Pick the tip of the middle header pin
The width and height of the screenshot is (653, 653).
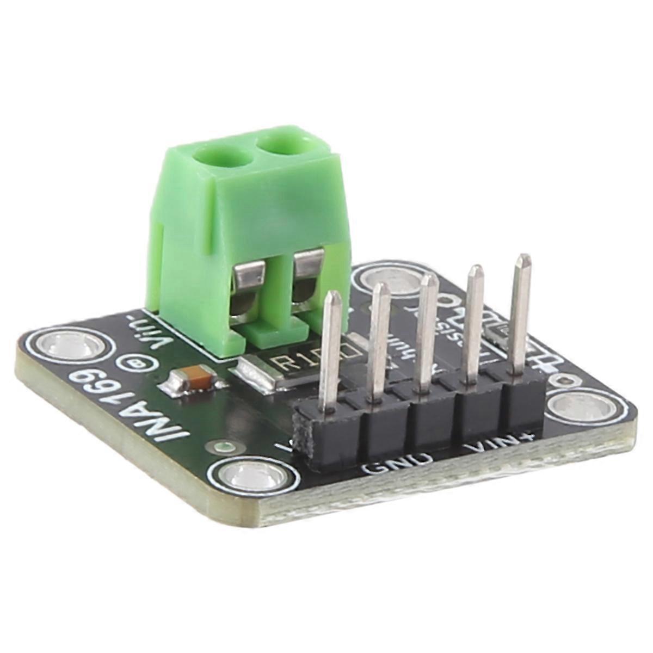point(429,280)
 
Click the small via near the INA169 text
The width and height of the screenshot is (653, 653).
point(220,447)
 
